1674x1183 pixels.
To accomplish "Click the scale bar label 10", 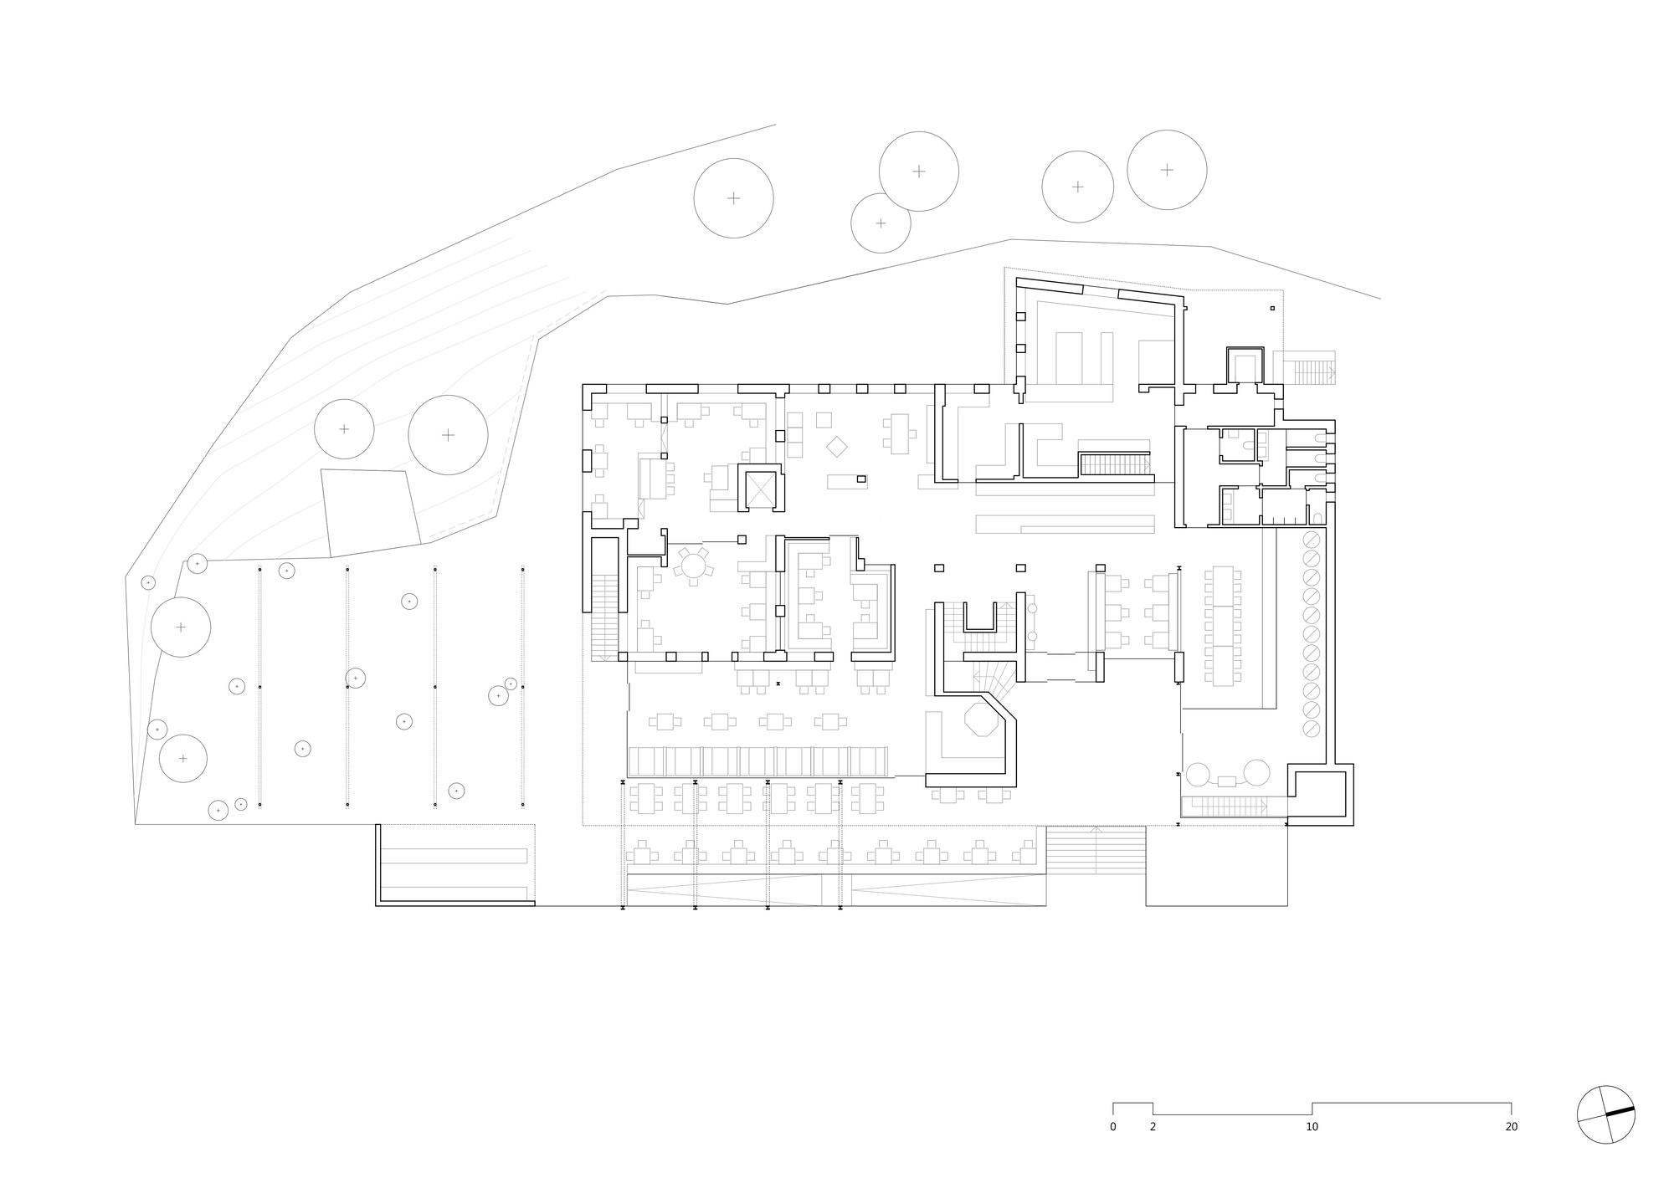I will [x=1312, y=1127].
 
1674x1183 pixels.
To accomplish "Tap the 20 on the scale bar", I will [x=1511, y=1127].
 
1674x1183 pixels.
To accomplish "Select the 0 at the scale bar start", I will [x=1113, y=1127].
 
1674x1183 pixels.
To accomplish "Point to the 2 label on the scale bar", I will [x=1153, y=1127].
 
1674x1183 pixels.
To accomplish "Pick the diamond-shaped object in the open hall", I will [x=837, y=447].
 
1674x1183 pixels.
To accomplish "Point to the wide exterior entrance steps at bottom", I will [x=1095, y=849].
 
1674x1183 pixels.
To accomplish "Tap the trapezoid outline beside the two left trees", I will [x=370, y=512].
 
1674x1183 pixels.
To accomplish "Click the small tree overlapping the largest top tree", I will [x=881, y=223].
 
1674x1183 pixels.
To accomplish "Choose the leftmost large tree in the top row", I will [x=733, y=198].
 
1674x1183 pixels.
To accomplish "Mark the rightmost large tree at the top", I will [x=1167, y=170].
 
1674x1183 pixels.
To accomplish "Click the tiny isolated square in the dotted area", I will [x=1272, y=308].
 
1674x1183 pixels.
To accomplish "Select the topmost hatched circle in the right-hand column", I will [x=1312, y=539].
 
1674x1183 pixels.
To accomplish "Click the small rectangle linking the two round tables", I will [x=1227, y=781].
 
